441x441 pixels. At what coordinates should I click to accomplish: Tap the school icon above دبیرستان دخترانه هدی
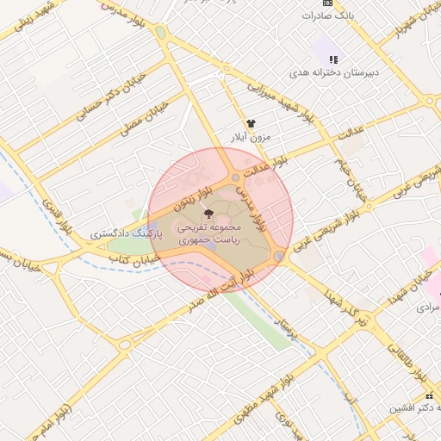coord(333,59)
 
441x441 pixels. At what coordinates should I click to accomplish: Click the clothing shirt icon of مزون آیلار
coord(251,124)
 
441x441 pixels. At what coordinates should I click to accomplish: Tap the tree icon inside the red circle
coord(208,213)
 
